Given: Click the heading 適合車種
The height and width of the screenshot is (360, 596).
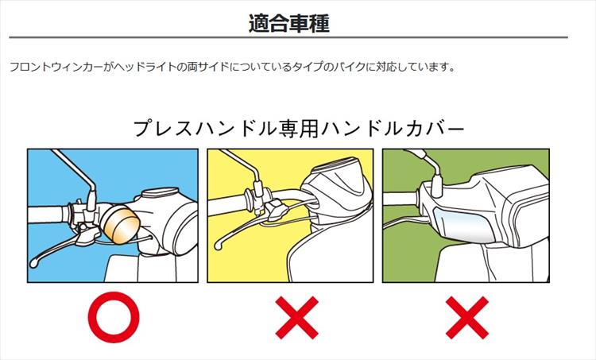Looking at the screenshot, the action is point(289,24).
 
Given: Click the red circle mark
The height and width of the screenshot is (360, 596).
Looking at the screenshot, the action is point(114,317).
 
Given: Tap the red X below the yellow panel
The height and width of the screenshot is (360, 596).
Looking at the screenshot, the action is point(297,317).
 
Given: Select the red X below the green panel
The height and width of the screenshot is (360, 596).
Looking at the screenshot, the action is point(467,317).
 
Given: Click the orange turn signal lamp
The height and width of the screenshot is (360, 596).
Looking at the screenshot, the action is point(120,224).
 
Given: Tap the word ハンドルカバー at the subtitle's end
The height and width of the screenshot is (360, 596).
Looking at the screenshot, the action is point(393,129).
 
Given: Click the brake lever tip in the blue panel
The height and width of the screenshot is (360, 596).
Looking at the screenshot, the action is point(34,263).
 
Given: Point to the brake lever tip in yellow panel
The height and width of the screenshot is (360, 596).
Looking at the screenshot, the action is point(219,246).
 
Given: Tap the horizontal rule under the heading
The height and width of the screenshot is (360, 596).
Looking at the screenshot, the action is point(288,37).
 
